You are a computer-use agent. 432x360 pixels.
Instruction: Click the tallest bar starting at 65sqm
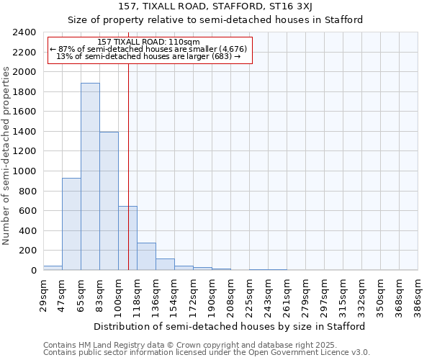pos(90,176)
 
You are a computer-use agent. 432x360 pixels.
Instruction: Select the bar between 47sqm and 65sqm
pos(71,224)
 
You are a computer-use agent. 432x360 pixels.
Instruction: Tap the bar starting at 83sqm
pos(109,201)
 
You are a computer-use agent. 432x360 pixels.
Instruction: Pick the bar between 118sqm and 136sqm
pos(146,256)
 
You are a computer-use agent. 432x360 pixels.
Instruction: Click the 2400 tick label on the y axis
pos(25,32)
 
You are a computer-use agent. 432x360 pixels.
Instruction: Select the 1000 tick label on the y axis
pos(25,171)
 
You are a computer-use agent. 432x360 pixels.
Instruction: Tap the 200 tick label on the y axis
pos(28,251)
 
